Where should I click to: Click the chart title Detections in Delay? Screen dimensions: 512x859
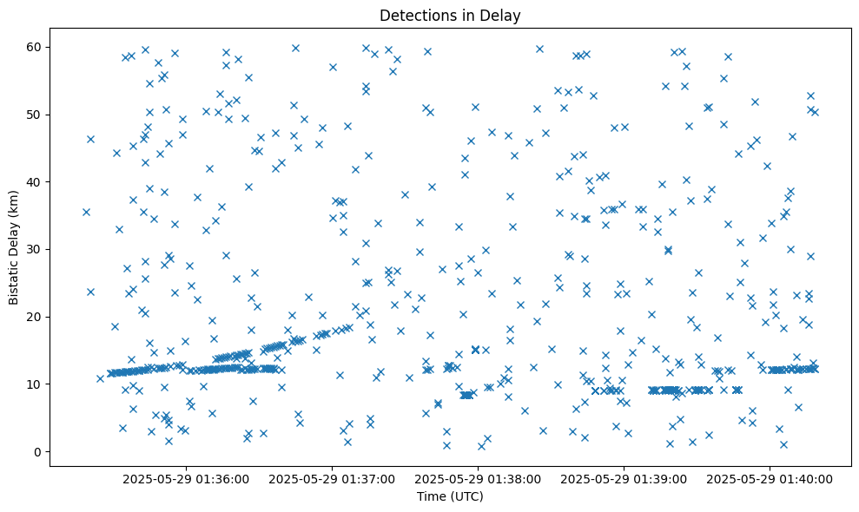[450, 15]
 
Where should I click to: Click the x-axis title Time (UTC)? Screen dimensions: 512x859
[450, 496]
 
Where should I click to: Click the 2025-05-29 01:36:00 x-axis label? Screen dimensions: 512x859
[186, 478]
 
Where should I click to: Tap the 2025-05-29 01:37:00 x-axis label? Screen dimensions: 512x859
[332, 478]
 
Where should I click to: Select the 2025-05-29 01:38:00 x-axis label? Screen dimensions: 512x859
[478, 478]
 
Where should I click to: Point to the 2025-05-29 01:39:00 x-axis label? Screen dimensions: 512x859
[624, 478]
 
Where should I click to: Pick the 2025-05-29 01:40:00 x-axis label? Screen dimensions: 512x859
[770, 478]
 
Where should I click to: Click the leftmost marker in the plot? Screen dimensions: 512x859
[86, 212]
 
